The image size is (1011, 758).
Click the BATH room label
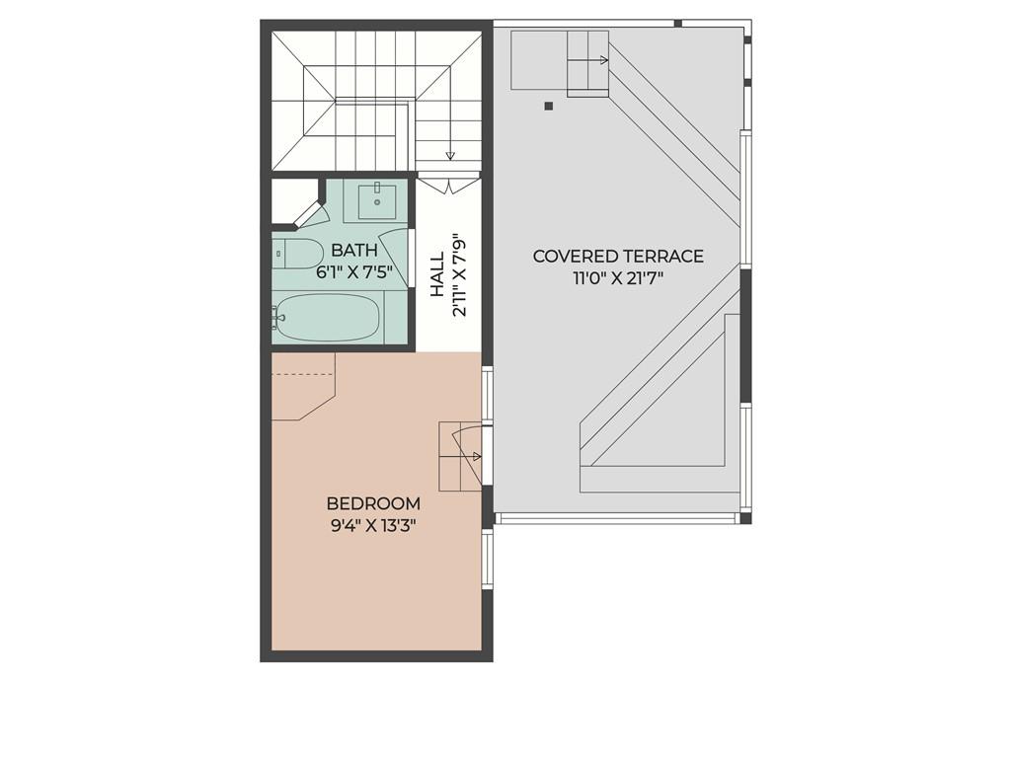click(x=353, y=251)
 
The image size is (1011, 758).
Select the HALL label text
click(x=436, y=275)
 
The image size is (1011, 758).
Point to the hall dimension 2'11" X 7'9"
click(x=458, y=275)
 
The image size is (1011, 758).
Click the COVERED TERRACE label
click(x=618, y=257)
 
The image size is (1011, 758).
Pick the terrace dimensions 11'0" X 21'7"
click(x=618, y=278)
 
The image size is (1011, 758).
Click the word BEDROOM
click(x=373, y=503)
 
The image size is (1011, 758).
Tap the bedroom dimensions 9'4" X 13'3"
click(x=373, y=526)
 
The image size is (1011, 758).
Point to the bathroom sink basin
click(x=376, y=200)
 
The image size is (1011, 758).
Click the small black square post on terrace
click(x=549, y=106)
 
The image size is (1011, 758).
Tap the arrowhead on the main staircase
click(x=450, y=155)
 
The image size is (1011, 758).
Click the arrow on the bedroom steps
click(x=478, y=456)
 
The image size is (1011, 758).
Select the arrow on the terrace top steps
click(x=603, y=60)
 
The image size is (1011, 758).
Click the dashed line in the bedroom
click(x=304, y=376)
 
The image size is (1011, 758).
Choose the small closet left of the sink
click(x=292, y=200)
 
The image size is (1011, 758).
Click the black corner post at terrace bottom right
click(x=745, y=517)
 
